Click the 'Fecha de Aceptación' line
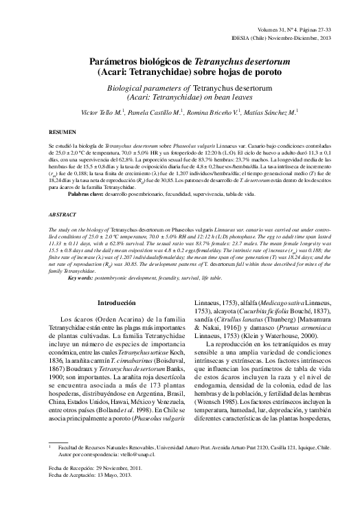point(95,494)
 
